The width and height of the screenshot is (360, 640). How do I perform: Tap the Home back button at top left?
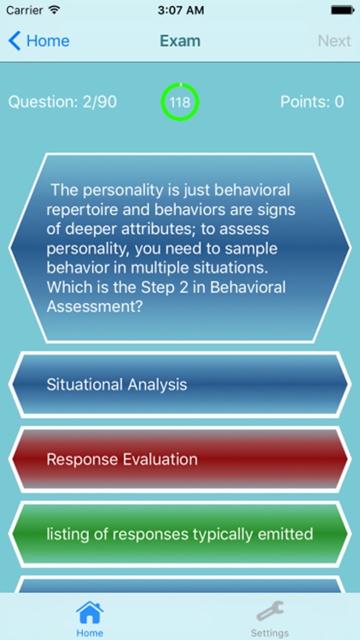tap(39, 41)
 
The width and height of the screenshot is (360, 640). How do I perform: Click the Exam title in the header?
tap(180, 41)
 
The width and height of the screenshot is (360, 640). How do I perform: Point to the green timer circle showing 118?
tap(180, 102)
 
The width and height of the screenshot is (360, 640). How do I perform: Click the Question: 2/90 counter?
tap(62, 102)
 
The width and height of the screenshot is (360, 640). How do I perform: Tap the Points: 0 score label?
tap(311, 102)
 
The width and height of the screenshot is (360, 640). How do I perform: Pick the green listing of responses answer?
tap(180, 535)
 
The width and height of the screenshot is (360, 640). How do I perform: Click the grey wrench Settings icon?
tap(270, 611)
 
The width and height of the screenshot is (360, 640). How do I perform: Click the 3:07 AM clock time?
tap(180, 11)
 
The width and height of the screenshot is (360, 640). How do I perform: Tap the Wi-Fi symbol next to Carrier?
tap(55, 11)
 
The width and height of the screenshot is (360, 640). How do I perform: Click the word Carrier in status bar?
tap(24, 11)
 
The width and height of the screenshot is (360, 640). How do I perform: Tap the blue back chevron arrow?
tap(15, 41)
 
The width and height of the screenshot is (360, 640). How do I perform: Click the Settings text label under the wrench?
tap(270, 633)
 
